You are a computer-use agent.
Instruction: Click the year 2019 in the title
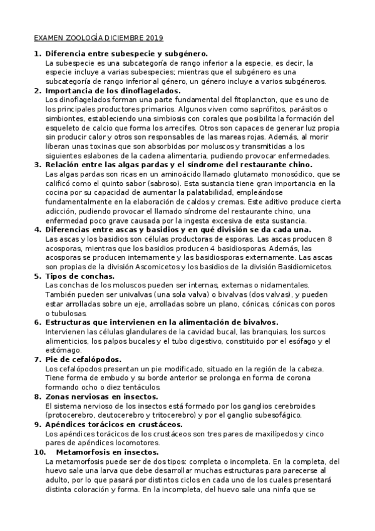pos(152,38)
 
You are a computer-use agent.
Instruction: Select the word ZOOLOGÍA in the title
pos(81,38)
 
